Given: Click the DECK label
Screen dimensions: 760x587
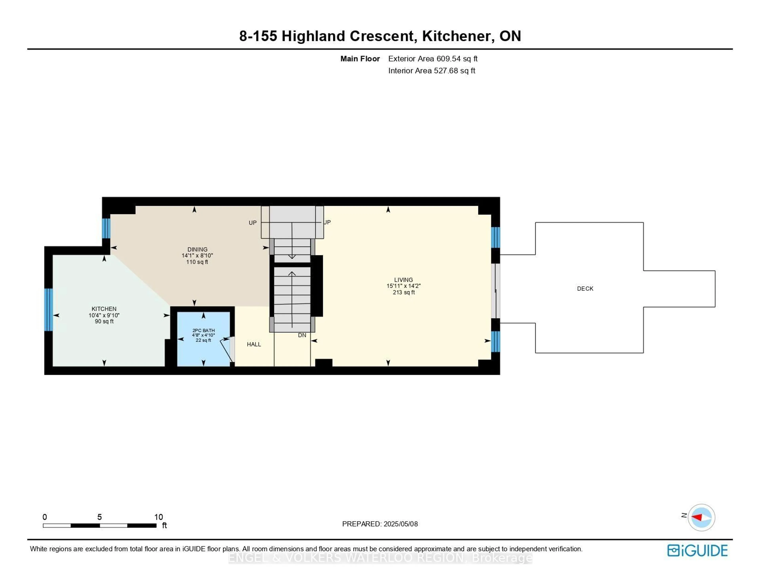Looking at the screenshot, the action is [x=585, y=288].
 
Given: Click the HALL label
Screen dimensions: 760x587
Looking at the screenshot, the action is [x=254, y=344].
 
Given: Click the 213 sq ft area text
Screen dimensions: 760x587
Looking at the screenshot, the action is [x=404, y=292].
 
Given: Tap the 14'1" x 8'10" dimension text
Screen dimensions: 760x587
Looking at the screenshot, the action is [x=197, y=255].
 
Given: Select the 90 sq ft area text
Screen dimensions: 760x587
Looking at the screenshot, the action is [x=104, y=321].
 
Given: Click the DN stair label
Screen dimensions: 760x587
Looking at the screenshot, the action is [x=302, y=335].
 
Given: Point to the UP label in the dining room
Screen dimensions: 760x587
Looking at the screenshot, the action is [x=253, y=223].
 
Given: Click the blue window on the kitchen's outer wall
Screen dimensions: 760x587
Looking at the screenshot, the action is [x=49, y=310].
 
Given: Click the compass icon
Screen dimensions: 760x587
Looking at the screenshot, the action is [x=702, y=517].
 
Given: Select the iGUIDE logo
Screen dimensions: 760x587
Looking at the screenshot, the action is [x=697, y=550].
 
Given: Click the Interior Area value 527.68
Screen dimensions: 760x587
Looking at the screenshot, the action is [x=446, y=71].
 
